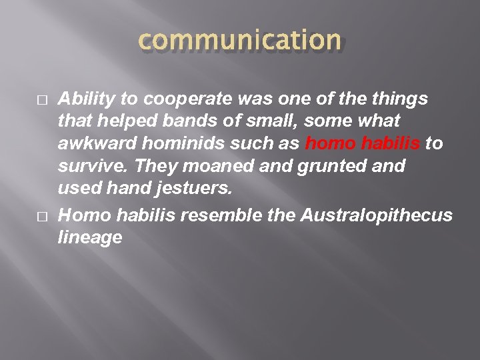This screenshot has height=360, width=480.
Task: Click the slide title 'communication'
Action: [239, 41]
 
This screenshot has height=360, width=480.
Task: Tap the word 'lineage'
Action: [90, 237]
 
